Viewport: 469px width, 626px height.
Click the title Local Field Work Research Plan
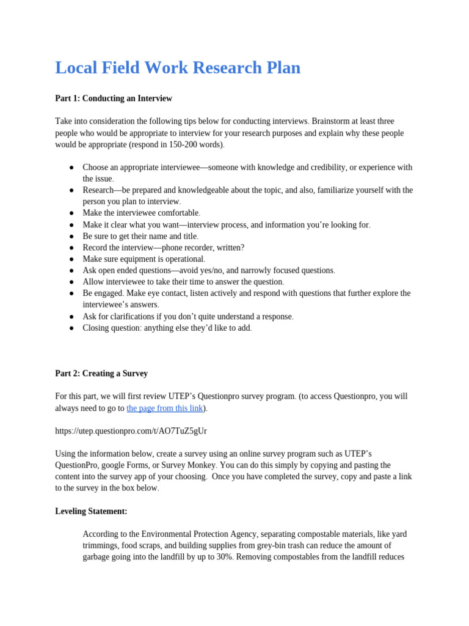pyautogui.click(x=178, y=68)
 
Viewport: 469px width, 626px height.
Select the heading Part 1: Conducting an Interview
pyautogui.click(x=114, y=98)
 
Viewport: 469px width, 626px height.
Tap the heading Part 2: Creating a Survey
pyautogui.click(x=101, y=374)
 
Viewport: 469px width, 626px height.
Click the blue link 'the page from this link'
pyautogui.click(x=164, y=408)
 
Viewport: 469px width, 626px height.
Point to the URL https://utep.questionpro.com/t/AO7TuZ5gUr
pyautogui.click(x=131, y=431)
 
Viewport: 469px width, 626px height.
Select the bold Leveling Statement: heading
pyautogui.click(x=91, y=511)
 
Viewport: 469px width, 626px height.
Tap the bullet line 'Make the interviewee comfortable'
pyautogui.click(x=141, y=213)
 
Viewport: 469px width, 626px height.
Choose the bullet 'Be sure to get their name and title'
pyautogui.click(x=140, y=236)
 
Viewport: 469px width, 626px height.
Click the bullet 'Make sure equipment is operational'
pyautogui.click(x=144, y=259)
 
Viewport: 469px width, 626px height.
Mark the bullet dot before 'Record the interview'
pyautogui.click(x=71, y=248)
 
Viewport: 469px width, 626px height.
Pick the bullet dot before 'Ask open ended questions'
pyautogui.click(x=71, y=270)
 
